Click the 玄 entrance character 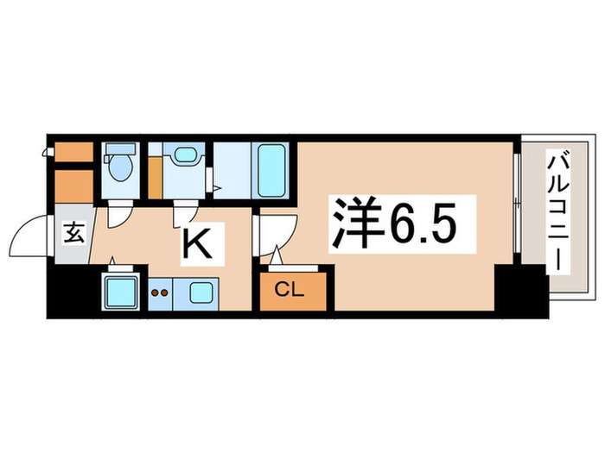pos(73,233)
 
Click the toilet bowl pos(119,167)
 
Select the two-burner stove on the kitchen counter pos(160,293)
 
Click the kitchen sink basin pos(204,292)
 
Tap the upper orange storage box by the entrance pos(73,152)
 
